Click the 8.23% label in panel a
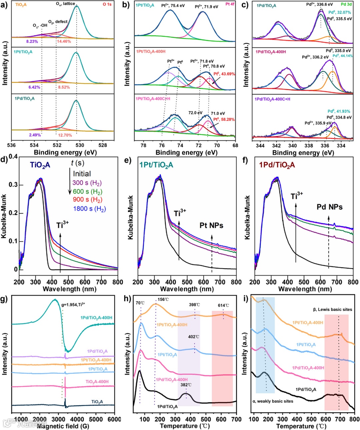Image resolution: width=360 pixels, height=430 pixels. pos(32,42)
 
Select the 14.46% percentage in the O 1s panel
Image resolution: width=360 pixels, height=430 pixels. pos(64,42)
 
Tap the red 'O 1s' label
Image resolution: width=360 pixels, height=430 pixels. pos(107,4)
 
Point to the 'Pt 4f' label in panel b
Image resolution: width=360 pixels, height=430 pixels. pos(230,4)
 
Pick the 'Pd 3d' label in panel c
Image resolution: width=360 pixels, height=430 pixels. pos(347,5)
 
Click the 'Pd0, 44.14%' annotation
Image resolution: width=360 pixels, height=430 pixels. pos(342,56)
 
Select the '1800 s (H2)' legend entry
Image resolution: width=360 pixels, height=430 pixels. pos(89,209)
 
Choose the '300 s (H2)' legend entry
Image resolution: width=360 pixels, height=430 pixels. pos(87,183)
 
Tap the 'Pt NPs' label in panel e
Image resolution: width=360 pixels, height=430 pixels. pos(211,226)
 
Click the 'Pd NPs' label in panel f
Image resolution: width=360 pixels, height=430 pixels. pos(329,207)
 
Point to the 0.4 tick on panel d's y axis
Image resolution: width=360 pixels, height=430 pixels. pos(13,156)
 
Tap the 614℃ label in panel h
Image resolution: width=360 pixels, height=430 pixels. pos(224,305)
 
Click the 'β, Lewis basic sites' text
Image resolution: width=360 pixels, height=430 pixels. pos(332,310)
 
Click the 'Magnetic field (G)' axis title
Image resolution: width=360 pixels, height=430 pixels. pos(63,426)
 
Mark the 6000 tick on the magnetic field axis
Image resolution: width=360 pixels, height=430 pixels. pos(114,419)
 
